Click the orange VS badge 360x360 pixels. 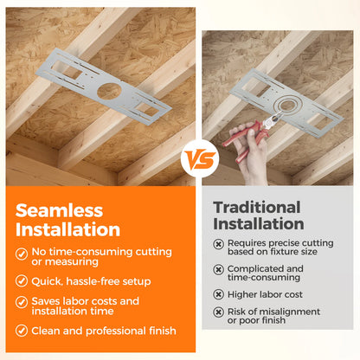pyautogui.click(x=200, y=158)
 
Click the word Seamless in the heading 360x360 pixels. pyautogui.click(x=59, y=210)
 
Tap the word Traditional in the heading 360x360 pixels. pyautogui.click(x=257, y=208)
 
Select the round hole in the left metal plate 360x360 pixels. pyautogui.click(x=108, y=91)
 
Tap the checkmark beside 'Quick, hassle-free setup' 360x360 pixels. pyautogui.click(x=22, y=281)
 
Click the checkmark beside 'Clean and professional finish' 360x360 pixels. pyautogui.click(x=22, y=331)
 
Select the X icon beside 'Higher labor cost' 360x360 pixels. pyautogui.click(x=218, y=294)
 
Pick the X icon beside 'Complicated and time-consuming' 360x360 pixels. pyautogui.click(x=218, y=269)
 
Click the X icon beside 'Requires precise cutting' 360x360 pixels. pyautogui.click(x=218, y=244)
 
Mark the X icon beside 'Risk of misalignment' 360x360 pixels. pyautogui.click(x=218, y=312)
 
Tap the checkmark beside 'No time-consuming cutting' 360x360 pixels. pyautogui.click(x=22, y=254)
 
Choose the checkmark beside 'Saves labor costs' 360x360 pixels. pyautogui.click(x=22, y=302)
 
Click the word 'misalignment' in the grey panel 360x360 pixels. pyautogui.click(x=290, y=312)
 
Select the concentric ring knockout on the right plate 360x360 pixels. pyautogui.click(x=287, y=104)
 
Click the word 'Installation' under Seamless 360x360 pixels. pyautogui.click(x=67, y=229)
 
